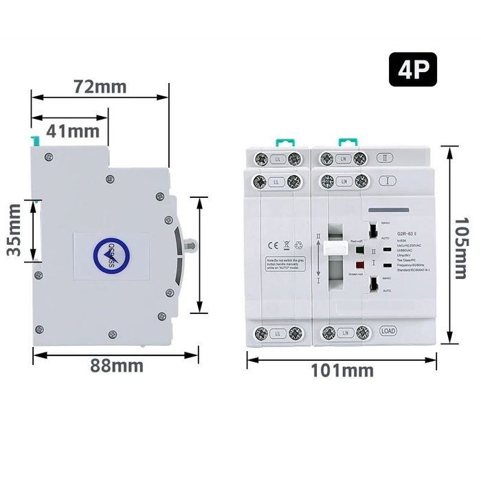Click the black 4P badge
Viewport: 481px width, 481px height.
pyautogui.click(x=413, y=71)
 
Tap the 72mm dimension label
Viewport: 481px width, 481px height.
pyautogui.click(x=100, y=87)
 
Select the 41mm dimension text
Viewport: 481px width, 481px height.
pyautogui.click(x=73, y=130)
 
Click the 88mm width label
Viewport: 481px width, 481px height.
pyautogui.click(x=117, y=365)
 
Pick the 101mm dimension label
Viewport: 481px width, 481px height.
pyautogui.click(x=343, y=370)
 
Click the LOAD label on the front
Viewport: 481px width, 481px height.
pyautogui.click(x=388, y=331)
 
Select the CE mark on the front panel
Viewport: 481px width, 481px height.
pyautogui.click(x=269, y=243)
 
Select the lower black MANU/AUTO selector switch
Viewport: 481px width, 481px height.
pyautogui.click(x=372, y=283)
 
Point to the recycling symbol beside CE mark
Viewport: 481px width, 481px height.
pyautogui.click(x=298, y=243)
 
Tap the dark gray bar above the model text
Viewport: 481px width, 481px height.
pyautogui.click(x=392, y=210)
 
